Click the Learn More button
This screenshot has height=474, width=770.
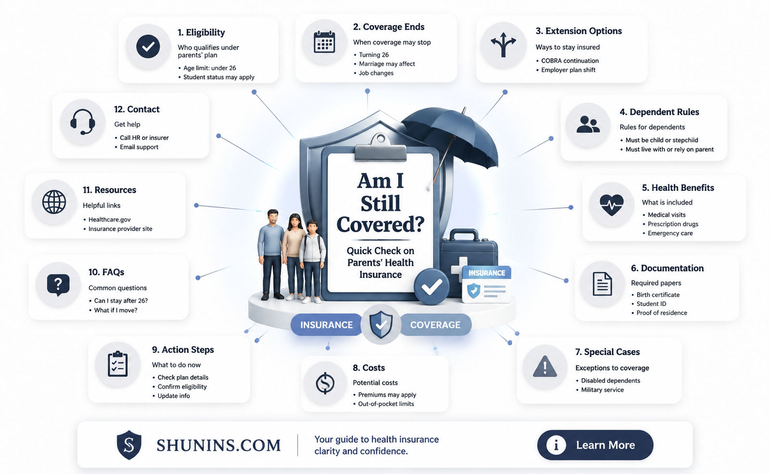click(595, 445)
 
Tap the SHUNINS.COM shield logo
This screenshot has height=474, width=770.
click(129, 445)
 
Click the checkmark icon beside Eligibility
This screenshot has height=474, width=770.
click(148, 46)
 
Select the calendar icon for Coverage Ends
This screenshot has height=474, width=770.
click(324, 42)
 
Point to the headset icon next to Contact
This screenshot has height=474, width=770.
click(82, 122)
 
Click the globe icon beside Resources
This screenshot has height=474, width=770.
click(54, 202)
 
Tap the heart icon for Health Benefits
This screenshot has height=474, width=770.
click(612, 204)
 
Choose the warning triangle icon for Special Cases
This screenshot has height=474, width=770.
click(545, 367)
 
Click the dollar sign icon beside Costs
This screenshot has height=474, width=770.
click(325, 383)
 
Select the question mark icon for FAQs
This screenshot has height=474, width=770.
click(58, 285)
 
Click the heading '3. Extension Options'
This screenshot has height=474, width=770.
click(578, 31)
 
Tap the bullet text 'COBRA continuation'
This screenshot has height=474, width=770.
click(570, 61)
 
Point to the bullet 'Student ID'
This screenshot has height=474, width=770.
click(651, 304)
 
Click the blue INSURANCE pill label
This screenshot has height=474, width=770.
click(326, 325)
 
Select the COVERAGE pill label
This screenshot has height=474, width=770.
click(435, 325)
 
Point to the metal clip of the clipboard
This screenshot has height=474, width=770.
click(380, 148)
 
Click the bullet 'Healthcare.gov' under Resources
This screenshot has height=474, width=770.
click(109, 220)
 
